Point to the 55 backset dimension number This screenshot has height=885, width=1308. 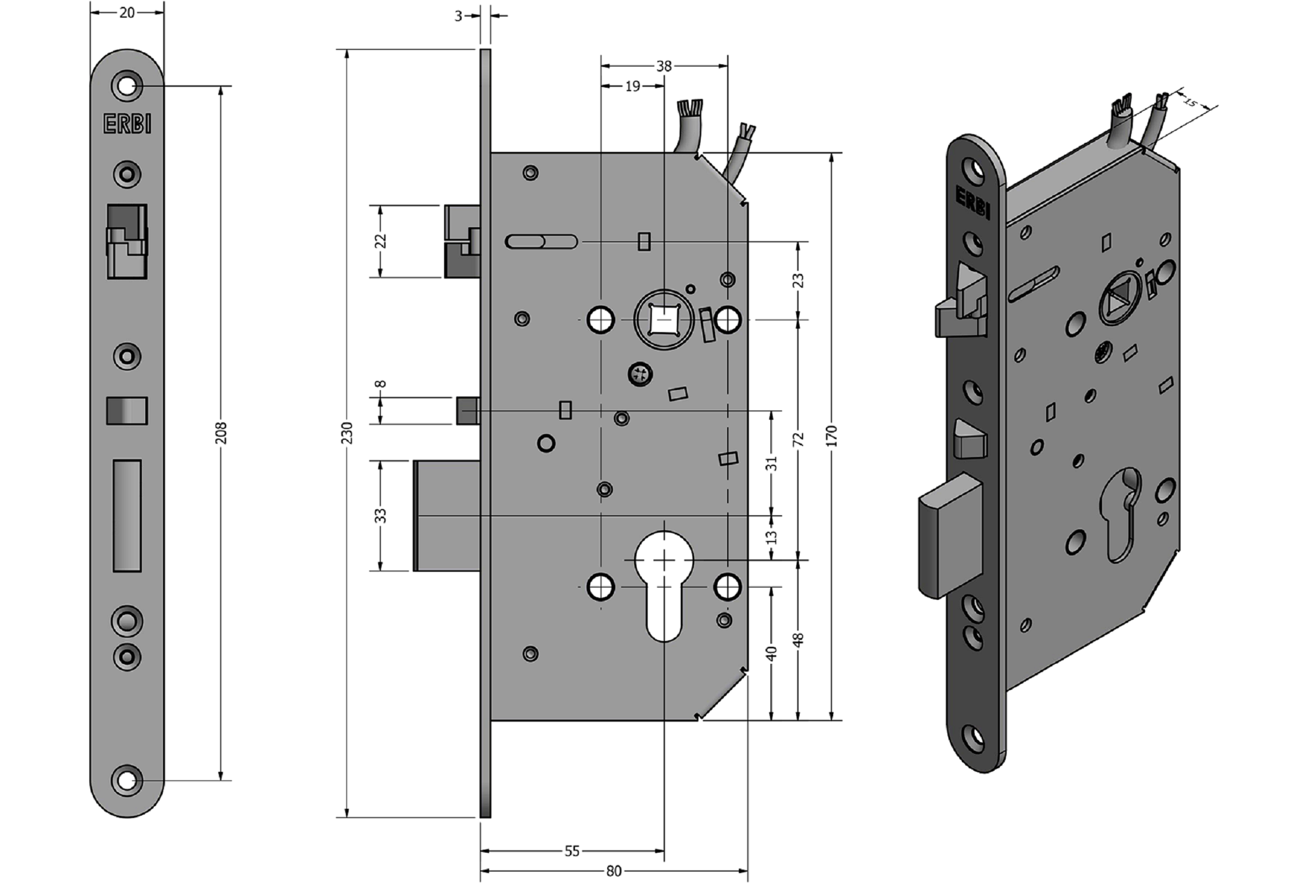point(572,851)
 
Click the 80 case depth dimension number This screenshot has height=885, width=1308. point(613,871)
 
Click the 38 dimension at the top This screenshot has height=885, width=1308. point(664,67)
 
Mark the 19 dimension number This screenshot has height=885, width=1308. point(633,86)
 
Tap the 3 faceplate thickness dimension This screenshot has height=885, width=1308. point(458,16)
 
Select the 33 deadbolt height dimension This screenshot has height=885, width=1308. point(381,515)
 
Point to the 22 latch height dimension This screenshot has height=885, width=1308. point(381,241)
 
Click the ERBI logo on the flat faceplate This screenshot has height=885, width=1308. point(127,124)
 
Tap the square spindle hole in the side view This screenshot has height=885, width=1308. point(664,320)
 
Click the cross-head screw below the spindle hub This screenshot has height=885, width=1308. point(640,373)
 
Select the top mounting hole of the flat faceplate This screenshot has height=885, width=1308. point(127,86)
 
